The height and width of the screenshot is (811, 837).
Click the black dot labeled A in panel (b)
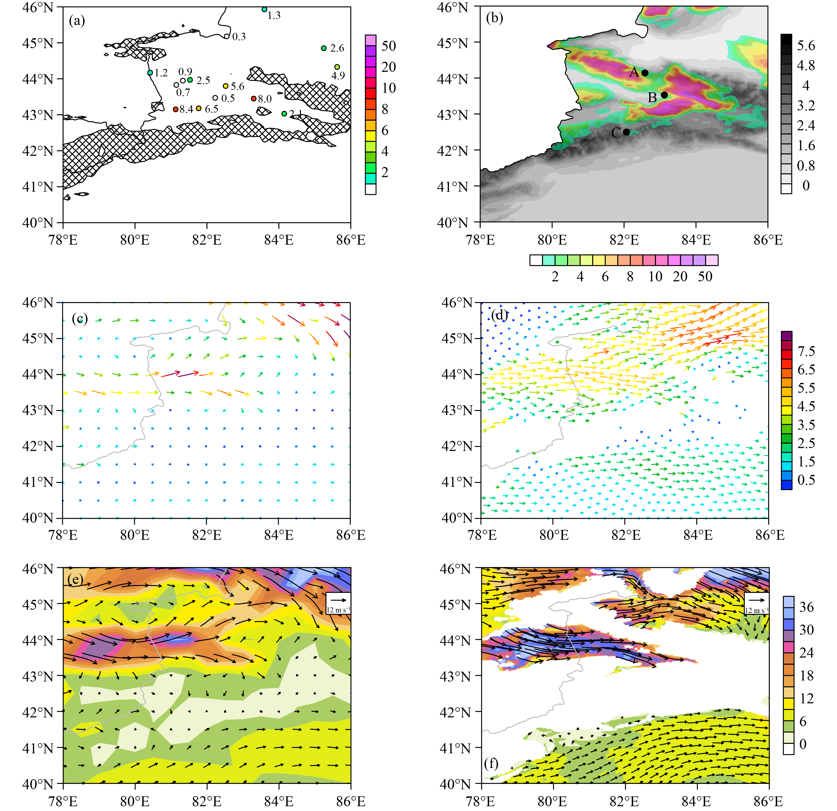[645, 73]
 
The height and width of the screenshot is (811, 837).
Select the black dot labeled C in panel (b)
[627, 132]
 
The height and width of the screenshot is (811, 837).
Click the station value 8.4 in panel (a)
[186, 109]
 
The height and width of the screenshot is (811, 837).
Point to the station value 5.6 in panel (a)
[238, 87]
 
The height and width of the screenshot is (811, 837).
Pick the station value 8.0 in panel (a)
[265, 99]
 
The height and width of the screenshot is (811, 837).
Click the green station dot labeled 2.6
[324, 48]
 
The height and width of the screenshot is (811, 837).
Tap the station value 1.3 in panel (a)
[274, 16]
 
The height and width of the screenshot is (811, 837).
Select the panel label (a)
[77, 20]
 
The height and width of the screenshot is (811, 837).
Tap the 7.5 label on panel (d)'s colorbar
[806, 351]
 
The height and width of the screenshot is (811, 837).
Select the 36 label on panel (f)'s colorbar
[806, 607]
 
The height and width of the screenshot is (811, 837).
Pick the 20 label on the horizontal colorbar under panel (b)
[680, 277]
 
